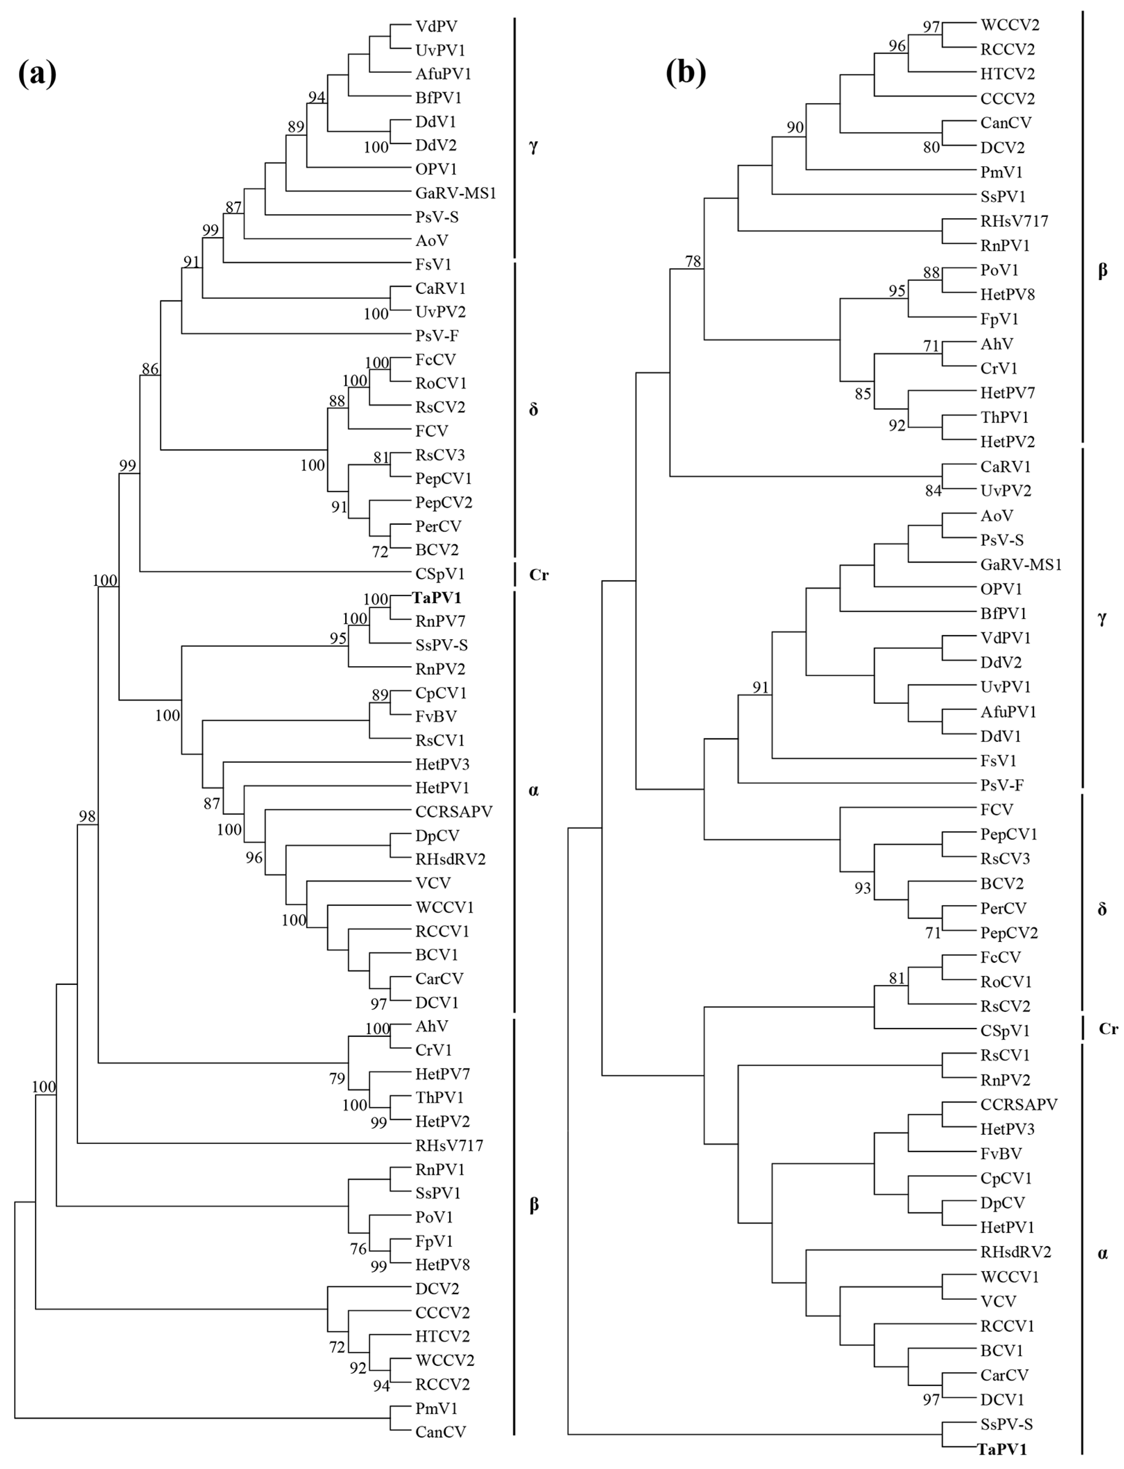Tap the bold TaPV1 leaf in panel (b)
1002,1450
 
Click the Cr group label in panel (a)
539,574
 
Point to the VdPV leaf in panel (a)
436,26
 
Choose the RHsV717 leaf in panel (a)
449,1146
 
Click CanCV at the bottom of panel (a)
440,1432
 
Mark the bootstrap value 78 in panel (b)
693,261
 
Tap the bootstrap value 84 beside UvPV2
933,491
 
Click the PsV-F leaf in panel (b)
1002,785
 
